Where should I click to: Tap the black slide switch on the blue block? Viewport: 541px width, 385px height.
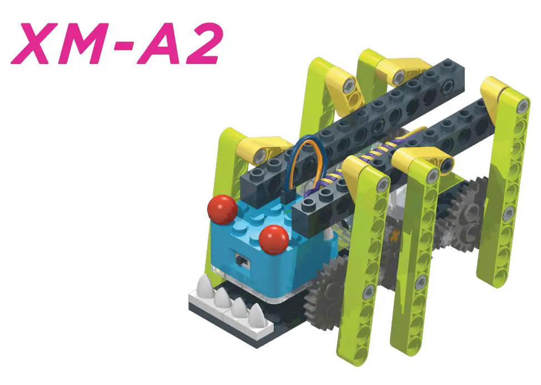pyautogui.click(x=241, y=259)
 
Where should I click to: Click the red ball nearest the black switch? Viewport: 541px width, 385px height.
pyautogui.click(x=274, y=239)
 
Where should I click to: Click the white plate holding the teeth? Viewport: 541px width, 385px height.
pyautogui.click(x=222, y=309)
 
